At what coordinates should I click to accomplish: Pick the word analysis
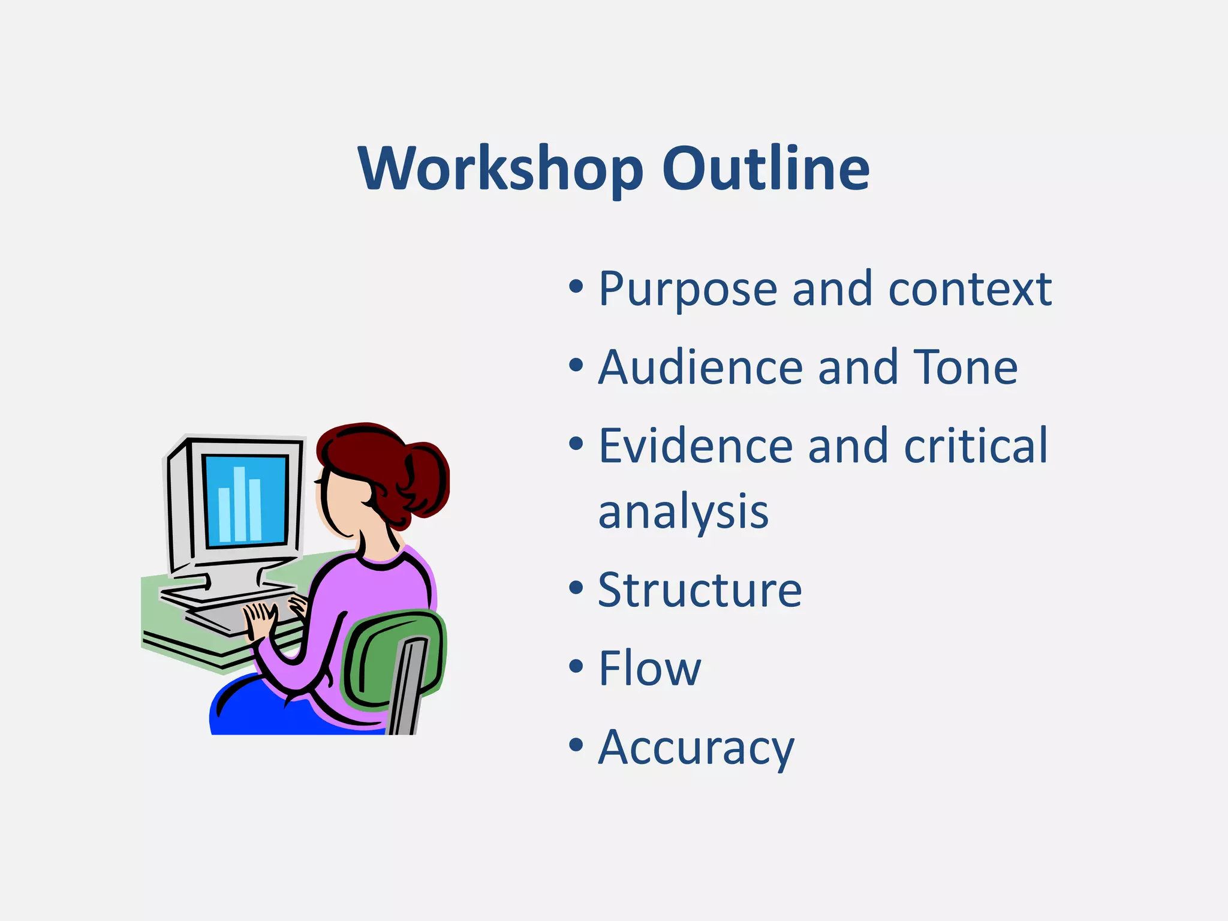click(x=683, y=513)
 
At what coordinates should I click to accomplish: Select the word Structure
click(x=700, y=591)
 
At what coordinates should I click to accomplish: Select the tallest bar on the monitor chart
click(x=239, y=504)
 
